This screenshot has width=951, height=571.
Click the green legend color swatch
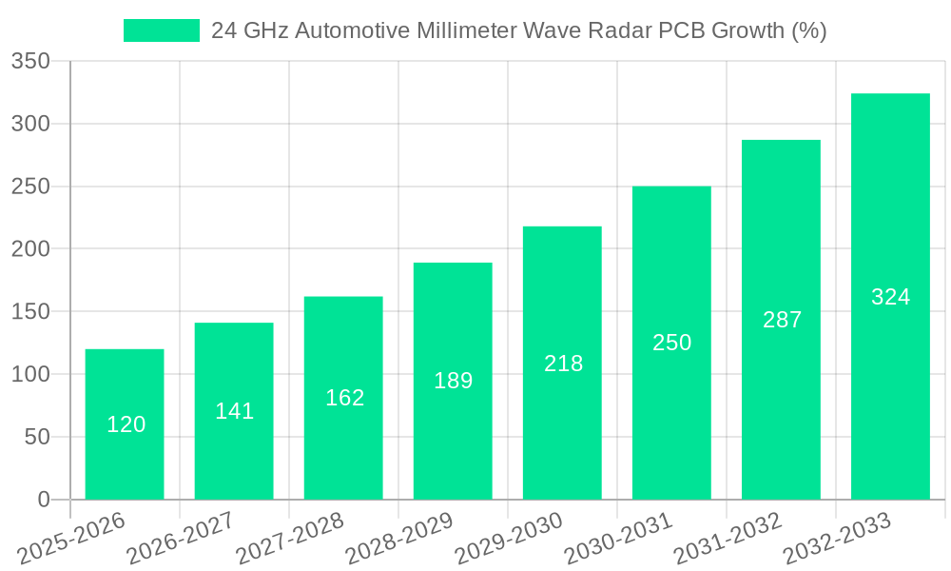(161, 30)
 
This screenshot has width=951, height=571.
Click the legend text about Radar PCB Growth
(518, 30)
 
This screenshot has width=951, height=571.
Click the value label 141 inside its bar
(234, 411)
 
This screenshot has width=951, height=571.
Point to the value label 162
(344, 398)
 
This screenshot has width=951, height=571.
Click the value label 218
(563, 364)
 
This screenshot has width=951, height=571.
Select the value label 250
(671, 343)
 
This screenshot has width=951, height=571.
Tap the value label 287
(782, 320)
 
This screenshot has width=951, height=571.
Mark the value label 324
(890, 297)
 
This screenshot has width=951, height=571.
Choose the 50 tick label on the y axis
(36, 438)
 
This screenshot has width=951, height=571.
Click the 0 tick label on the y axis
(43, 500)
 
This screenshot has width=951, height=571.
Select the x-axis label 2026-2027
(181, 538)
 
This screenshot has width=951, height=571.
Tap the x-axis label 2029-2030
(509, 538)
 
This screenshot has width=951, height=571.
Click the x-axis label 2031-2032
(728, 538)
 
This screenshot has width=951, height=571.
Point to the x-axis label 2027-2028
(290, 538)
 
